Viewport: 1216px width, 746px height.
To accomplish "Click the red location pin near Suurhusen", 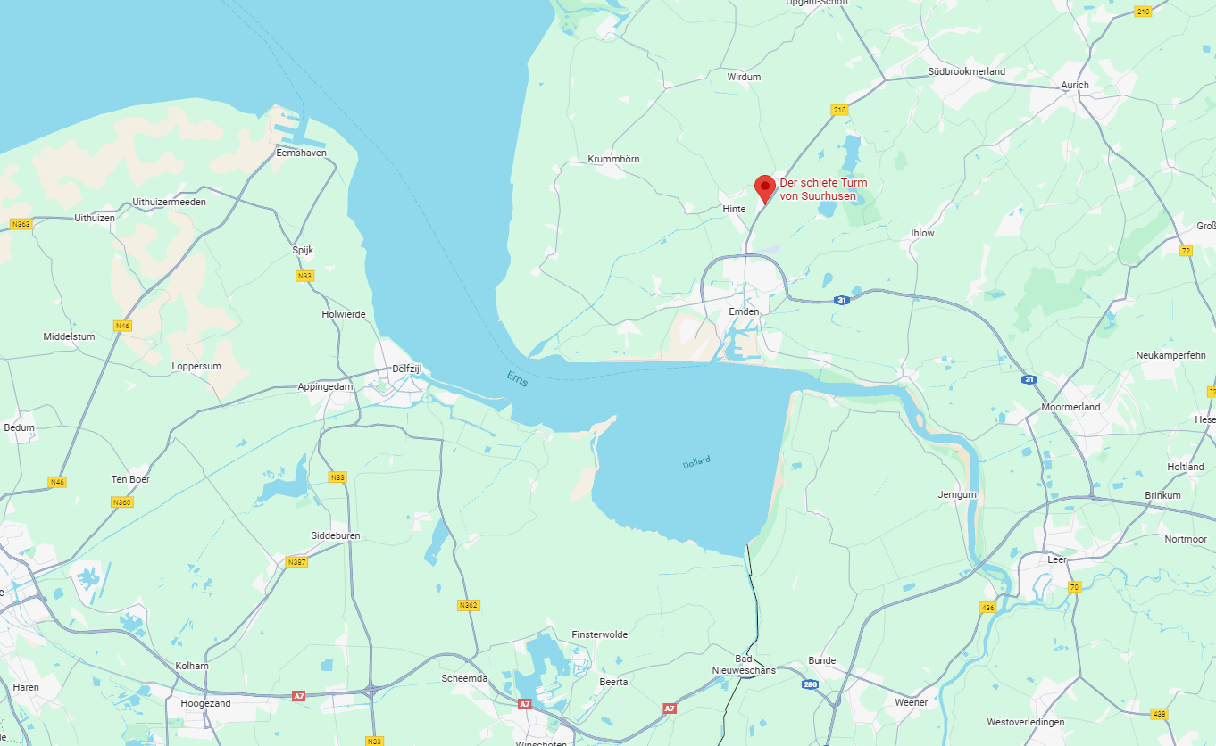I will click(764, 187).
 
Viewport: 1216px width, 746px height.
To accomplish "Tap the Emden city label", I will click(744, 311).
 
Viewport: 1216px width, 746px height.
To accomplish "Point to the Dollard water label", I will click(696, 462).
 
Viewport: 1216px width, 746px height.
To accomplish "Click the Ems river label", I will click(517, 378).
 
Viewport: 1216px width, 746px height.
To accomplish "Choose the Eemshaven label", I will click(301, 153).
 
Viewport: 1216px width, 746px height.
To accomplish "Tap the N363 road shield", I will click(21, 224).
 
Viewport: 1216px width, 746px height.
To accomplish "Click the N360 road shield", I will click(122, 502).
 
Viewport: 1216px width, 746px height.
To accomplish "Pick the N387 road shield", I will click(297, 562).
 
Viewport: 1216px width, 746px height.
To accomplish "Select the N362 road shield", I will click(468, 605).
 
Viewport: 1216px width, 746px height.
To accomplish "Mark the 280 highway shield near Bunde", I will click(810, 684).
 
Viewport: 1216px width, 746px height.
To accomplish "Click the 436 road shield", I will click(987, 607).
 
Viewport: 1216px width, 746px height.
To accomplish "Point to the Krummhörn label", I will click(613, 159).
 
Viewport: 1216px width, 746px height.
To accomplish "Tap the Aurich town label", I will click(1075, 85).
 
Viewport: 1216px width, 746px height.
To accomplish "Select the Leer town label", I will click(1057, 559).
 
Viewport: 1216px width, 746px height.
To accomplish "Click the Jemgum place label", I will click(957, 494).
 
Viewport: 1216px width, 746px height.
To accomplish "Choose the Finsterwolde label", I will click(599, 634).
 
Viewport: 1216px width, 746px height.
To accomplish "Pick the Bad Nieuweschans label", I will click(744, 664).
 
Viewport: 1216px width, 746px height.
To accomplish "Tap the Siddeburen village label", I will click(336, 535).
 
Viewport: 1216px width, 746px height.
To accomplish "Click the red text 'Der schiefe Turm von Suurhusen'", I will click(823, 189).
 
